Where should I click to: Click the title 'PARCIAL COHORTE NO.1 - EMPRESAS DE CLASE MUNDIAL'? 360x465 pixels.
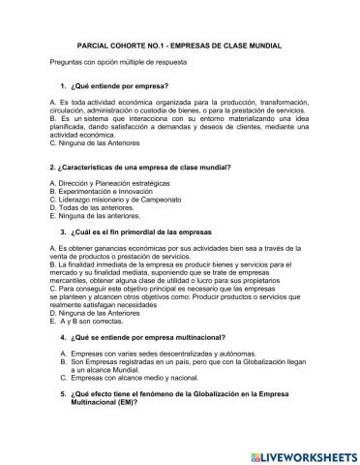click(x=179, y=45)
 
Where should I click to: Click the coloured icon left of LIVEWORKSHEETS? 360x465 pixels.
click(x=251, y=451)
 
